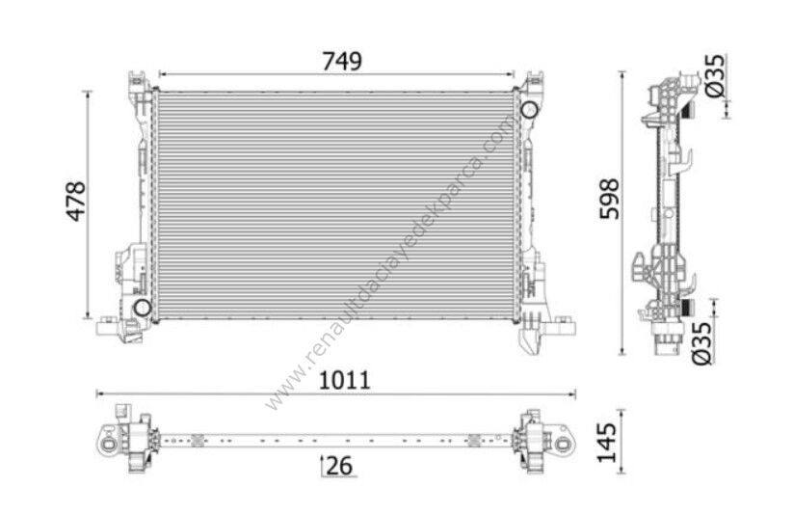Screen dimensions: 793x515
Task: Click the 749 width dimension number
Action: point(342,62)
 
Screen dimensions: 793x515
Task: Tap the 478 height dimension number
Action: point(76,201)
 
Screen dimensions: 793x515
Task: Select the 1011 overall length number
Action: point(344,380)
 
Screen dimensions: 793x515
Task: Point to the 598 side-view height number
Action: point(609,199)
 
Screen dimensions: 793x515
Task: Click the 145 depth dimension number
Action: point(607,443)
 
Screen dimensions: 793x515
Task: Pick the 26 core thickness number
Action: point(339,466)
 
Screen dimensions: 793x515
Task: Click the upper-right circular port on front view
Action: point(528,109)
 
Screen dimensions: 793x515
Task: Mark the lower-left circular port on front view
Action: point(142,308)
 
